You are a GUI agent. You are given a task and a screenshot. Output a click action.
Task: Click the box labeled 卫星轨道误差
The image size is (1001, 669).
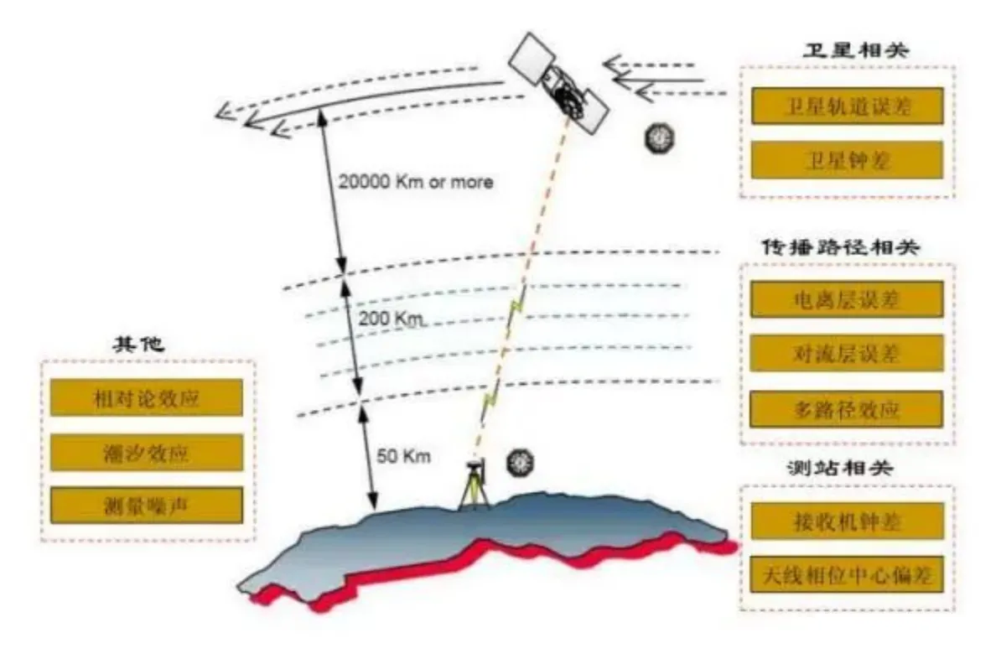(x=847, y=106)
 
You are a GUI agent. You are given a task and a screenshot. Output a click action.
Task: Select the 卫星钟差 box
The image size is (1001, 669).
(x=847, y=159)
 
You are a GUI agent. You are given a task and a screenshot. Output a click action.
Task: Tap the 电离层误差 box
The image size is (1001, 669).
(x=847, y=298)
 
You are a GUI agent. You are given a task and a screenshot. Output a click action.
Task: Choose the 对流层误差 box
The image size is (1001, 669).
(x=847, y=353)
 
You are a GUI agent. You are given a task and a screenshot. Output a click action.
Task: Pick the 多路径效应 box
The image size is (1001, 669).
(x=847, y=409)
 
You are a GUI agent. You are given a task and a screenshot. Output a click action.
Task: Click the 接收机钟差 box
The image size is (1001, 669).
(x=847, y=521)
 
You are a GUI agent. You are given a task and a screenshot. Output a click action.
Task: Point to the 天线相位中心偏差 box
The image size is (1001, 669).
(x=847, y=574)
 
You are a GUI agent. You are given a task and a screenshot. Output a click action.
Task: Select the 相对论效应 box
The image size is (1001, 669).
(x=146, y=397)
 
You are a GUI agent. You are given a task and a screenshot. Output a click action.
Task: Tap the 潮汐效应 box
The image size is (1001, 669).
(x=146, y=453)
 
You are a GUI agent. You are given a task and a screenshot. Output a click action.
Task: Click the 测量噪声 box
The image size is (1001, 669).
(x=146, y=506)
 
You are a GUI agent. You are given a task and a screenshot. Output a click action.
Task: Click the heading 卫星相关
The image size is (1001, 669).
(x=856, y=50)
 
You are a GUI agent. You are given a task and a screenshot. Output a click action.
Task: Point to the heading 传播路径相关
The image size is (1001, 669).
(x=840, y=247)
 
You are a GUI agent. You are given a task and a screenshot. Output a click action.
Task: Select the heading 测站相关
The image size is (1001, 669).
(x=839, y=468)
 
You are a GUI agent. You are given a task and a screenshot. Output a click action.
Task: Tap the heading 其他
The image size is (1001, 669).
(x=138, y=344)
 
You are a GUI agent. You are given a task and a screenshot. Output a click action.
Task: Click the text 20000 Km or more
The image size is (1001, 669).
(x=416, y=182)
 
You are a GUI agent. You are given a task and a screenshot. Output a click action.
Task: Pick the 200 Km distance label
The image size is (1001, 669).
(x=392, y=318)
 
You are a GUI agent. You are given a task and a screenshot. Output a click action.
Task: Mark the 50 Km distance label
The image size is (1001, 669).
(x=403, y=456)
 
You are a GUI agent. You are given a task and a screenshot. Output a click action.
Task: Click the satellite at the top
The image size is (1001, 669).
(x=558, y=84)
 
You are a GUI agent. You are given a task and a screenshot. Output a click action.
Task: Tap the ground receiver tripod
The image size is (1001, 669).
(x=474, y=485)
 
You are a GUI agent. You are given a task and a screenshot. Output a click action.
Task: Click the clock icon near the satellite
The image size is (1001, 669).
(x=659, y=137)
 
